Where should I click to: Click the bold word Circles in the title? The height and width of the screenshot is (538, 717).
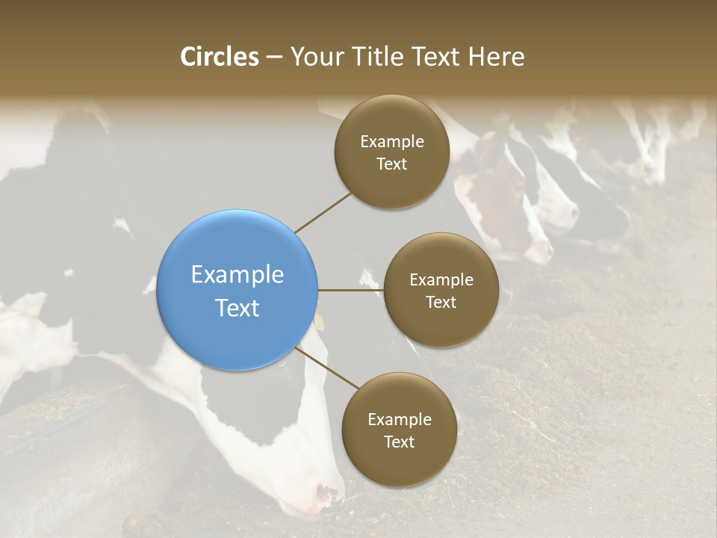tap(220, 57)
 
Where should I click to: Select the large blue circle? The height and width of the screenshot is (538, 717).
tap(238, 290)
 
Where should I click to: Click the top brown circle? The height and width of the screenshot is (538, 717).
tap(392, 152)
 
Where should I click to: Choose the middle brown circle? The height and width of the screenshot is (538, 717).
tap(441, 290)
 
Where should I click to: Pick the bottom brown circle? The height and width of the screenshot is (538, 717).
tap(399, 430)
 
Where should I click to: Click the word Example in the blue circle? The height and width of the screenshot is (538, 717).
tap(238, 275)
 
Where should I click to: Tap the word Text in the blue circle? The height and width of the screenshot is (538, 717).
tap(238, 308)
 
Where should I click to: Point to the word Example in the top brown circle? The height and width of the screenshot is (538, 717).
tap(392, 142)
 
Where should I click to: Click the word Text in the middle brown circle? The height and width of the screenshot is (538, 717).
tap(441, 303)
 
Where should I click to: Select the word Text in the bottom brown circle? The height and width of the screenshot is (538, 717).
tap(399, 442)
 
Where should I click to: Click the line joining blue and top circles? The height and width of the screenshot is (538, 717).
tap(323, 211)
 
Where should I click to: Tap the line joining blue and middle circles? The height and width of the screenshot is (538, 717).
tap(350, 290)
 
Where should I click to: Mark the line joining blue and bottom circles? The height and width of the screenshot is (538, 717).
tap(327, 368)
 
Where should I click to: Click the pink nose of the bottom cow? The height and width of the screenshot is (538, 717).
tap(329, 493)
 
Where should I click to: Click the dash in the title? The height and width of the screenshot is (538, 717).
tap(273, 58)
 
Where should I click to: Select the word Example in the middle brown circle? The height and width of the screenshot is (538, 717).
tap(441, 280)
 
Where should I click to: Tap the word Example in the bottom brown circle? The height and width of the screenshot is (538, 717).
tap(399, 420)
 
